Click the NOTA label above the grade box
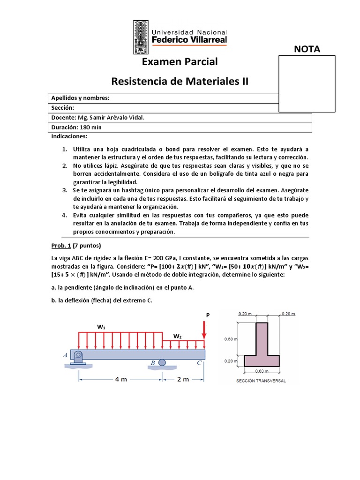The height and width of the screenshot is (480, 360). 307,50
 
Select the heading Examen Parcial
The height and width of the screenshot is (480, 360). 180,62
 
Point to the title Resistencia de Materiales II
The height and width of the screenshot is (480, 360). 180,82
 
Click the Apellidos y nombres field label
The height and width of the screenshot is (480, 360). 80,98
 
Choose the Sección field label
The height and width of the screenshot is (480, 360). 63,108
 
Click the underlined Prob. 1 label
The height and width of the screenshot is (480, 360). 61,246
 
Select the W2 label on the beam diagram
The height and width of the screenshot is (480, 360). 178,336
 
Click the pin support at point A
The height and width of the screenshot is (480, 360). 77,356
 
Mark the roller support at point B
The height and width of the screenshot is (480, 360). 162,362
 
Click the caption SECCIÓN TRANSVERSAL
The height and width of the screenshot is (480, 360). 262,381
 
